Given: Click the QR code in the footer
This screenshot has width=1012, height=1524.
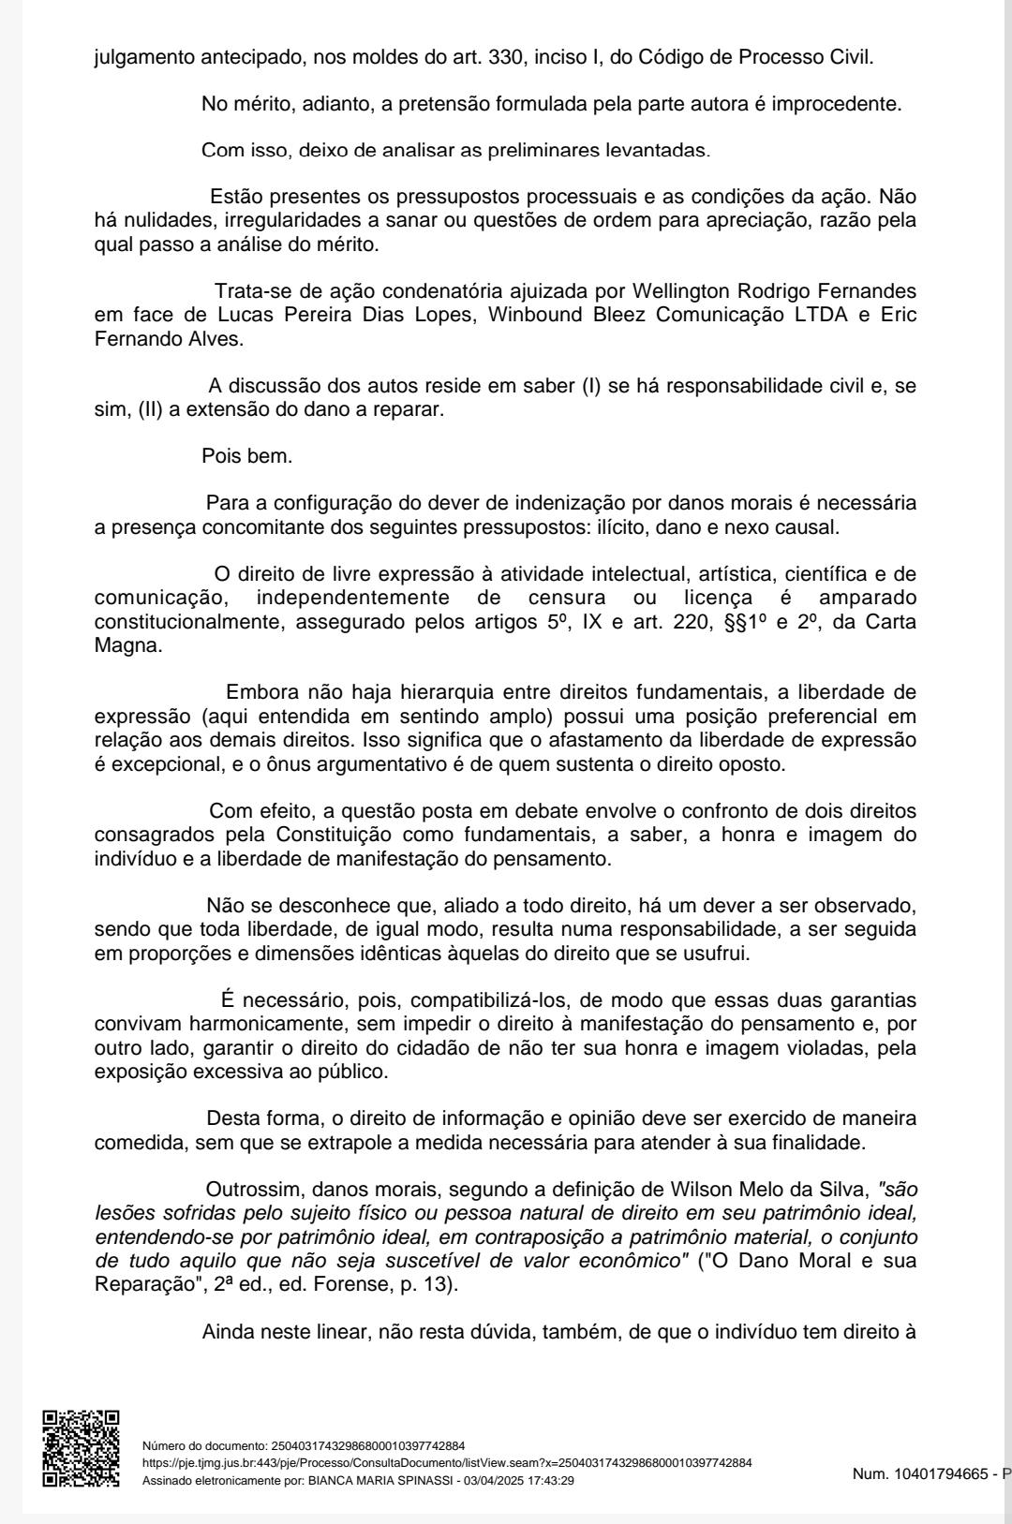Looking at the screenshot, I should pyautogui.click(x=82, y=1448).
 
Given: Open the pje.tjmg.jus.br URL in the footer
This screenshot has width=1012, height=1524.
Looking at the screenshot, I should pyautogui.click(x=446, y=1462).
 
